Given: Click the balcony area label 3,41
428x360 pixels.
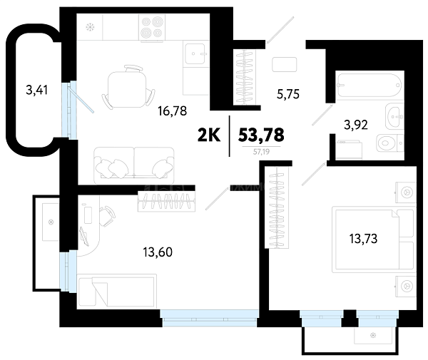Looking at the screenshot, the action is click(37, 90).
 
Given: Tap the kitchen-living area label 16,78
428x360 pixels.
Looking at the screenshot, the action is click(172, 111).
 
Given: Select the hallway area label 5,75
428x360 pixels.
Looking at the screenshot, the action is click(288, 94).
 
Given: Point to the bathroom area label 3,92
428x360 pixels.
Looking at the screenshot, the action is click(356, 125).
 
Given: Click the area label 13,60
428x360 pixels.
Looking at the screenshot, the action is click(158, 252).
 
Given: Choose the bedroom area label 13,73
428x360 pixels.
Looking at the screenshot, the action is click(363, 239).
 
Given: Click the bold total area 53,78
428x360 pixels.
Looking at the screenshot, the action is click(261, 135).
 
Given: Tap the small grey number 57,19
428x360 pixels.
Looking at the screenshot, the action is click(261, 152).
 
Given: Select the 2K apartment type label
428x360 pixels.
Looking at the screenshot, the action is click(209, 135).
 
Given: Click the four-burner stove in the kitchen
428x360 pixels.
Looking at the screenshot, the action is click(152, 27).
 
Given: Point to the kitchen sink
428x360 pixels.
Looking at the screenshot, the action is click(195, 53).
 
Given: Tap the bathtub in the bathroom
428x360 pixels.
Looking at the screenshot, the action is click(370, 85).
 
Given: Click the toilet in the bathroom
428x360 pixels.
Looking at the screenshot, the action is click(389, 143).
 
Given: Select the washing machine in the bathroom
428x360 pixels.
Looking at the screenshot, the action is click(349, 150).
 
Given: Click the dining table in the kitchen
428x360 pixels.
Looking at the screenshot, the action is click(127, 88).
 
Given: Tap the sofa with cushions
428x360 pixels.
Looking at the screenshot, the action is click(134, 165).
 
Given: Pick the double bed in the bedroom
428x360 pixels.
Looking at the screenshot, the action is click(373, 240).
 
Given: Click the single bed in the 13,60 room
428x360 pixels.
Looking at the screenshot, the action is click(118, 292).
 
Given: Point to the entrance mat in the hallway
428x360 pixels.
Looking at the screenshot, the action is click(284, 65).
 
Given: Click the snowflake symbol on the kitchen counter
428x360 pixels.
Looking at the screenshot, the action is click(90, 27).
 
